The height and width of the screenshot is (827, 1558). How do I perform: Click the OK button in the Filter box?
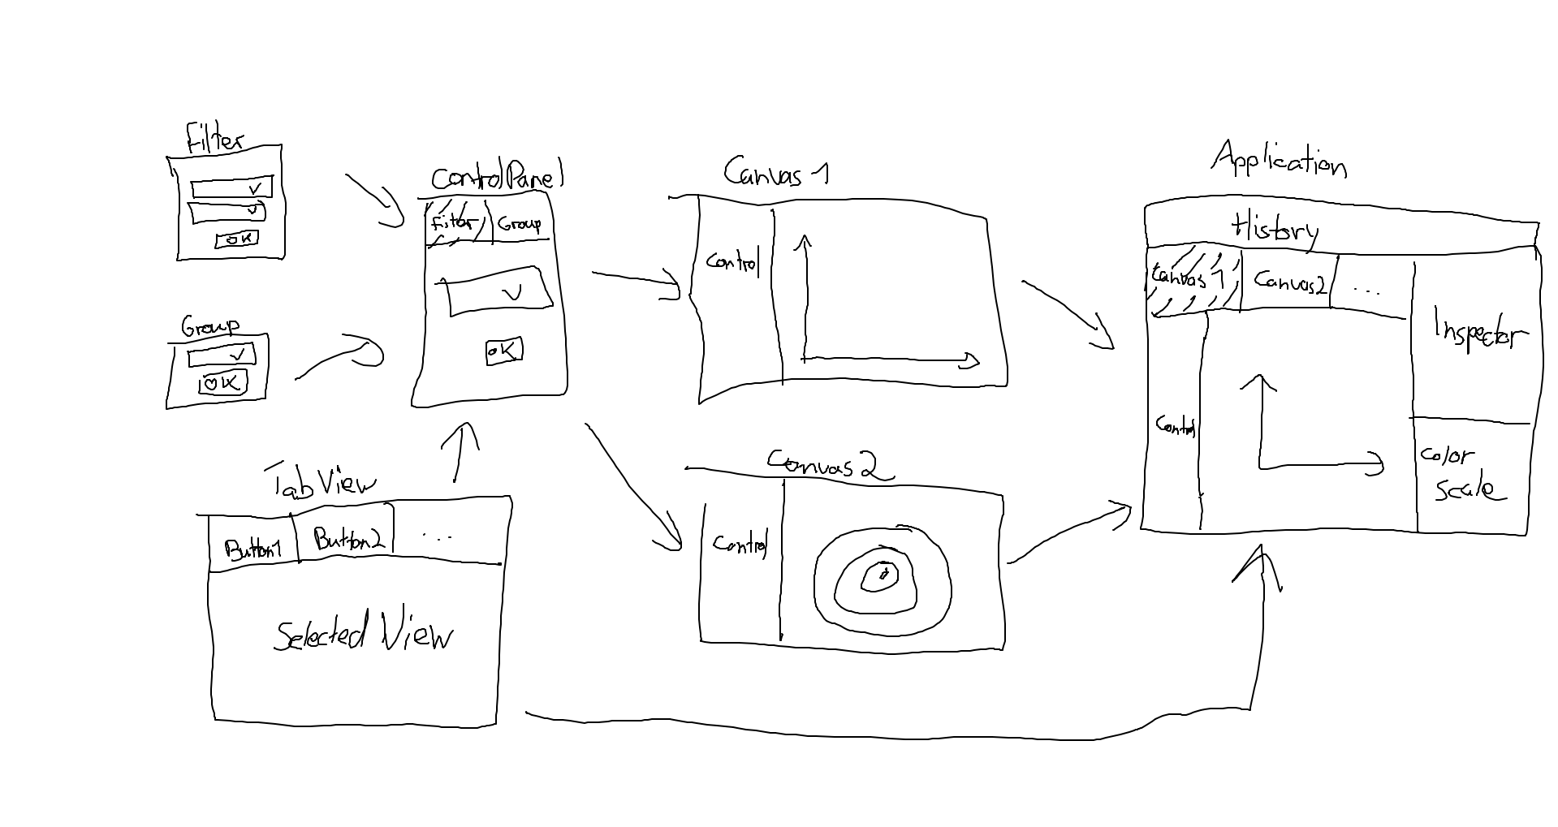[x=236, y=239]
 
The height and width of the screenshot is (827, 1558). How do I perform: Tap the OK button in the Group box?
[x=222, y=382]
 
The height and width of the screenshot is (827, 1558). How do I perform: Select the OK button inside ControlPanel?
[x=503, y=351]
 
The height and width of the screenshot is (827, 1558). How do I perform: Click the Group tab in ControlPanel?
[x=520, y=223]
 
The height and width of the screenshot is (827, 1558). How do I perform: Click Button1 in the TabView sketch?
[x=252, y=549]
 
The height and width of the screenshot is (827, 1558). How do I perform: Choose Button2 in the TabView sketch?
[x=347, y=540]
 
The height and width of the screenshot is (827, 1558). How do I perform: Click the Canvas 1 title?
[x=775, y=172]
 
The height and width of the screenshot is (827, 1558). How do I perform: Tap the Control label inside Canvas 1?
[x=731, y=262]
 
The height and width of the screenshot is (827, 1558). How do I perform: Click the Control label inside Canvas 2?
[x=739, y=543]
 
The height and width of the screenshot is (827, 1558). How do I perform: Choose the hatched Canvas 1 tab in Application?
[x=1192, y=280]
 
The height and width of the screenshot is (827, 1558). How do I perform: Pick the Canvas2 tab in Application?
[x=1289, y=282]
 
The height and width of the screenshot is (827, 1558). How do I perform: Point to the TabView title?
[x=323, y=482]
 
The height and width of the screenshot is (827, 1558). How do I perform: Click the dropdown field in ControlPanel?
[x=498, y=291]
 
